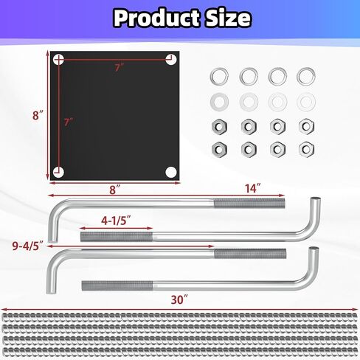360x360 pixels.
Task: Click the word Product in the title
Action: click(x=156, y=18)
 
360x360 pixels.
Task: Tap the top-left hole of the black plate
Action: click(x=59, y=60)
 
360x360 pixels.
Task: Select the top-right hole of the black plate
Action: click(x=171, y=60)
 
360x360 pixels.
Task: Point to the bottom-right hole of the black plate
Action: click(x=171, y=172)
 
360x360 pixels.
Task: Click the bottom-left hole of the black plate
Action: click(x=59, y=172)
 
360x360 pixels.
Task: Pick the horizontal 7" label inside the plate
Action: click(x=120, y=68)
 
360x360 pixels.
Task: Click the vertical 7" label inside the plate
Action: click(x=69, y=122)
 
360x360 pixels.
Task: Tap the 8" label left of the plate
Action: click(x=38, y=115)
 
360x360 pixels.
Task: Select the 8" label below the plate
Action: click(x=115, y=190)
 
